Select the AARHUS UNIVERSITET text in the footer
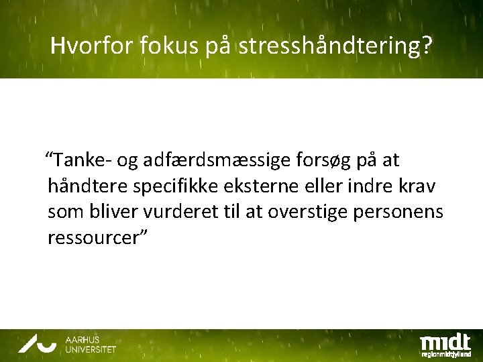click(x=90, y=345)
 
